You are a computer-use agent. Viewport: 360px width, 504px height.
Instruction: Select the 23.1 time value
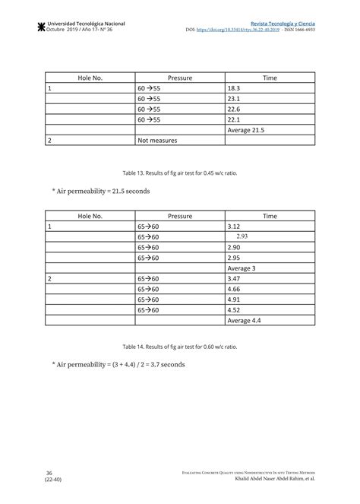point(233,99)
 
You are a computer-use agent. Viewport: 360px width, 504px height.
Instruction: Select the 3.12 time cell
point(233,227)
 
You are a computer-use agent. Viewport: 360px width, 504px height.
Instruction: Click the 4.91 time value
point(233,300)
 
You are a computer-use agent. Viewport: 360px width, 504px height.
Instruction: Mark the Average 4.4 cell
point(244,320)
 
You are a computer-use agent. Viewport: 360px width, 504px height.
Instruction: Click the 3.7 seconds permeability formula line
point(119,364)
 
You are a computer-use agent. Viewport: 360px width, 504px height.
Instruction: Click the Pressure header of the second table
point(179,216)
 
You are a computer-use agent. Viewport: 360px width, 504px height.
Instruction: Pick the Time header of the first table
point(270,78)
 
